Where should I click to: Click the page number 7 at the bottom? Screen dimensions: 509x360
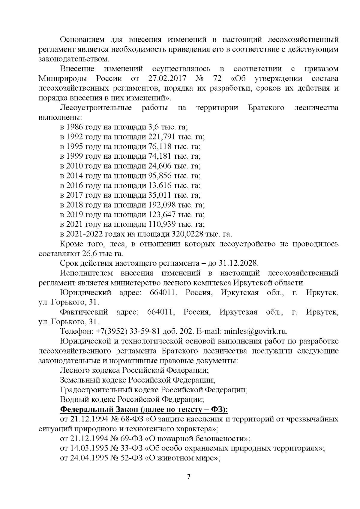tap(188, 477)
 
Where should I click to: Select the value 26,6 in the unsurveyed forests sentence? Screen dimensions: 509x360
tap(88, 254)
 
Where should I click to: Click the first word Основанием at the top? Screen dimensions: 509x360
tap(82, 40)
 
